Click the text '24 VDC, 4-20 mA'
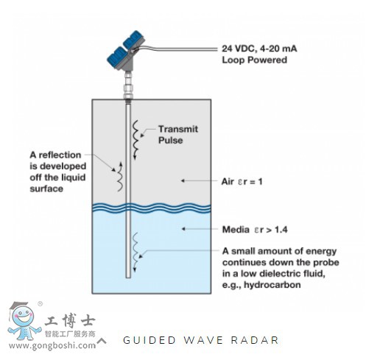tap(259, 49)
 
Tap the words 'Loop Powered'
tap(254, 60)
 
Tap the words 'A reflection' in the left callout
tap(55, 155)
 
